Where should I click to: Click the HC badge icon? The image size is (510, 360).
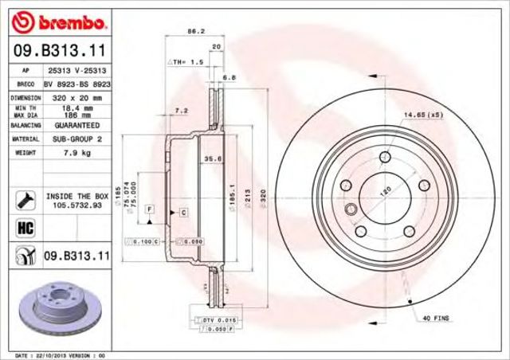click(x=22, y=229)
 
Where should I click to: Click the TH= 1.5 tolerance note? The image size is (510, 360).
click(x=189, y=61)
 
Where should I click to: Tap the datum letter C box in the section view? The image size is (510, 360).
click(x=182, y=213)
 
